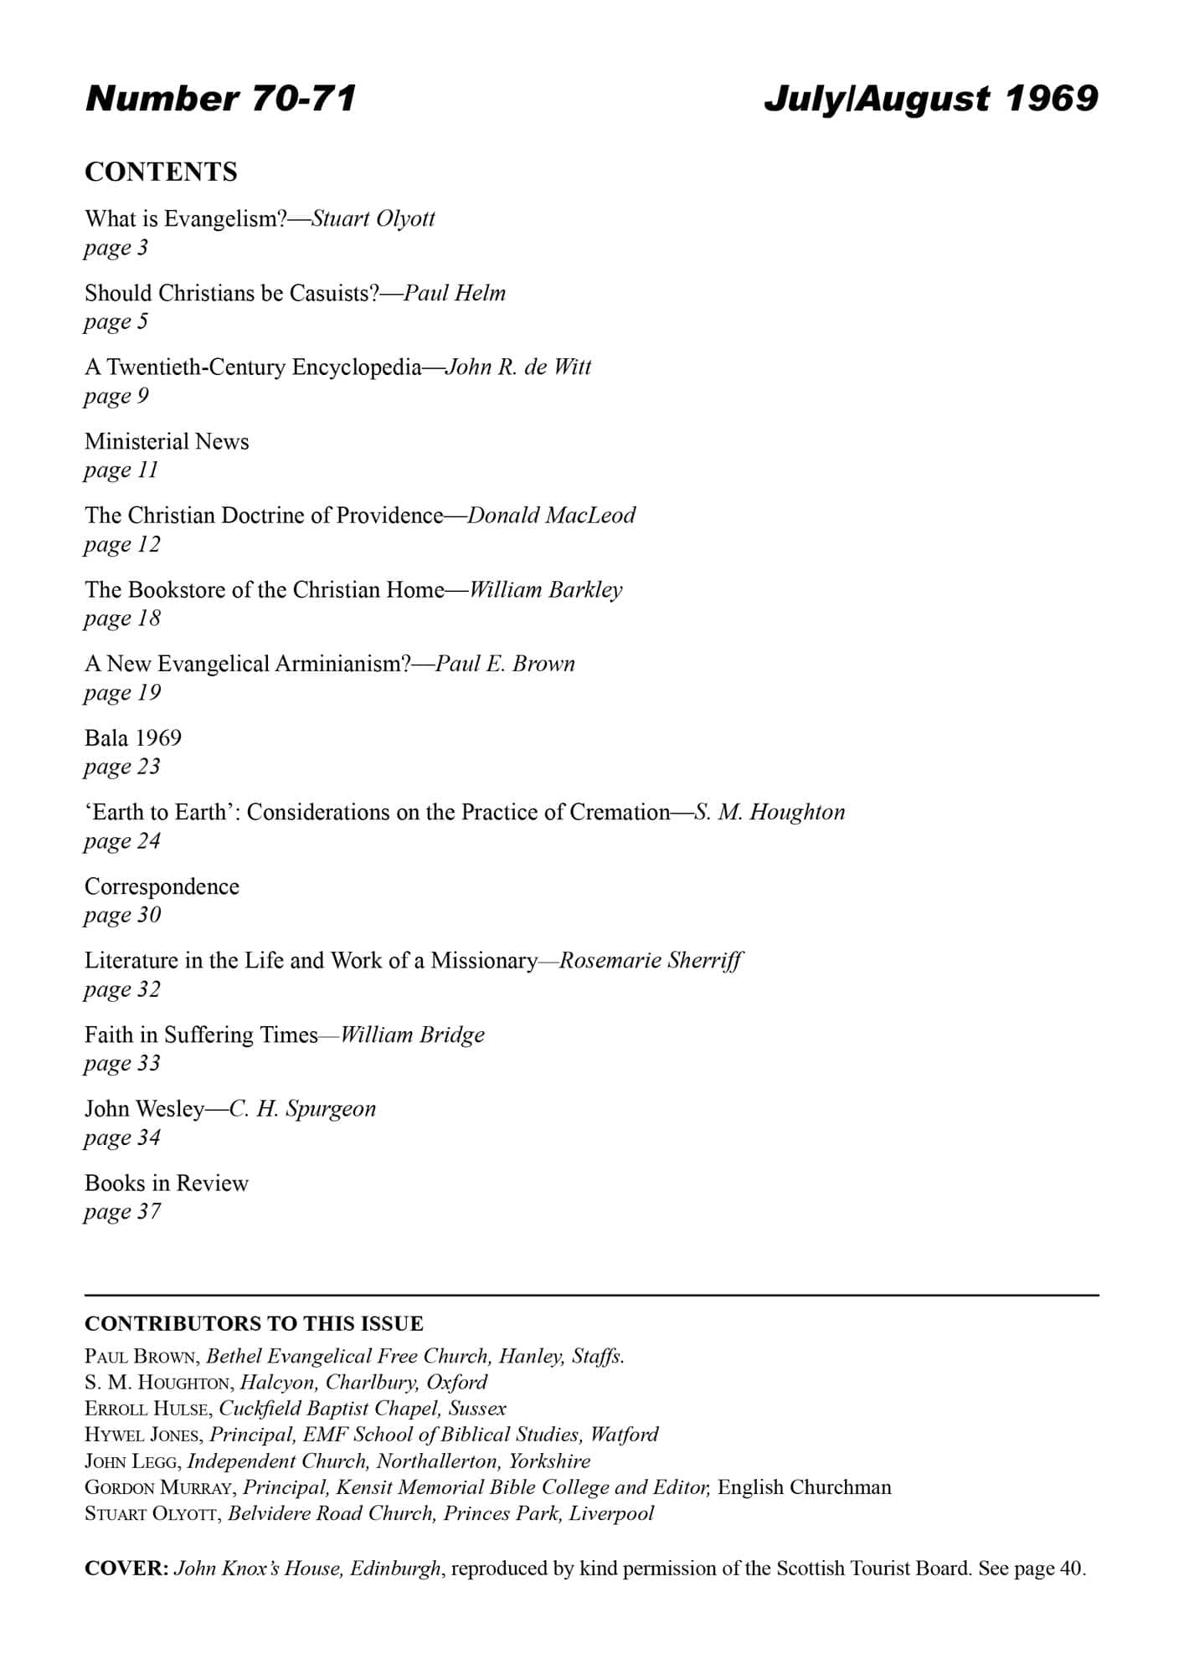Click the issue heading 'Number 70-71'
(x=221, y=99)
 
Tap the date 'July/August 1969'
(x=930, y=99)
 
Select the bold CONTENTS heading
(x=161, y=172)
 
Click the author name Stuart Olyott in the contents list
(x=373, y=219)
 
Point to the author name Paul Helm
(x=455, y=293)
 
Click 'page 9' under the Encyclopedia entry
(x=116, y=396)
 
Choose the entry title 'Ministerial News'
(x=167, y=441)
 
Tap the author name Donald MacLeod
(x=551, y=516)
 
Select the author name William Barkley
(x=545, y=590)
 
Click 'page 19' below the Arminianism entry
(x=122, y=693)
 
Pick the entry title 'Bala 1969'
(x=133, y=738)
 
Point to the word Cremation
(x=620, y=812)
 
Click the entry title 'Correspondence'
(x=162, y=886)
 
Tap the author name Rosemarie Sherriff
(x=651, y=961)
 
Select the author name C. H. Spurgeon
(x=302, y=1109)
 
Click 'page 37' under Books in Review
(x=122, y=1212)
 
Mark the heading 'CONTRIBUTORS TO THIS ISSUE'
(x=254, y=1323)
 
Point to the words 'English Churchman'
(x=804, y=1487)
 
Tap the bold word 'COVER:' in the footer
(x=127, y=1568)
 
